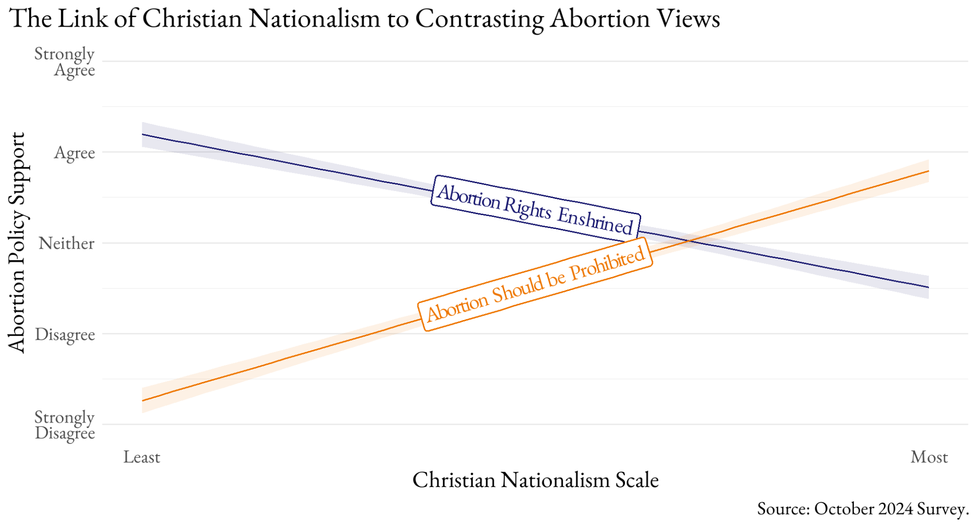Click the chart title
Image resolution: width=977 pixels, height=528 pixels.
point(364,19)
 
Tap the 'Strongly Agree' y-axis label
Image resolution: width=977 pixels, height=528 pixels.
point(65,62)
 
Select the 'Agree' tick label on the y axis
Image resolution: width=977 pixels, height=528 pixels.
point(74,153)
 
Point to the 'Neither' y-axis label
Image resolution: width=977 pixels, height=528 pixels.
point(67,243)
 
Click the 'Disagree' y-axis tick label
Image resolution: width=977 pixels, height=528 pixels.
point(65,334)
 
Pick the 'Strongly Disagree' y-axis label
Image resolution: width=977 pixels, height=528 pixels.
point(65,425)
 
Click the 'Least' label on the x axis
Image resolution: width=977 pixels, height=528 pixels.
point(142,457)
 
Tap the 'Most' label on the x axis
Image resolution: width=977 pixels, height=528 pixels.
point(929,457)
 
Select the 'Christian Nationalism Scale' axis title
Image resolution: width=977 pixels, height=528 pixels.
point(535,480)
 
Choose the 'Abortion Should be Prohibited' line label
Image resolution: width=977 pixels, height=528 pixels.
point(535,285)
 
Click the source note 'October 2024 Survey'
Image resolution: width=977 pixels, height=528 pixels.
point(863,509)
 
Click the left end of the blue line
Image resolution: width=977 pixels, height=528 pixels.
point(142,135)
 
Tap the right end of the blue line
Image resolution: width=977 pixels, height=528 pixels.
point(928,287)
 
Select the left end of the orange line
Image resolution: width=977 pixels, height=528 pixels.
point(142,401)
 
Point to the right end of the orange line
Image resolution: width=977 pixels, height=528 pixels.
point(928,171)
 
